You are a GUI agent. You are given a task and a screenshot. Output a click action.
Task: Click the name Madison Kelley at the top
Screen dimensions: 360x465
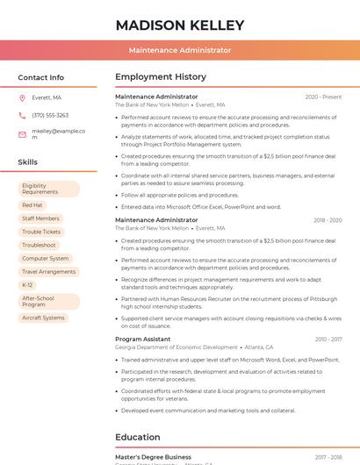179,25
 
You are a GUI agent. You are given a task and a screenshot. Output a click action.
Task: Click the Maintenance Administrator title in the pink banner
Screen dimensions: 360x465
179,51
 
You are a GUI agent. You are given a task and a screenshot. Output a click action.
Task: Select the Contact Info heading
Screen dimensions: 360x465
40,77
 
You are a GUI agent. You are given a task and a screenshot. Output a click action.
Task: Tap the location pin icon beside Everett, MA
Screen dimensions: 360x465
22,98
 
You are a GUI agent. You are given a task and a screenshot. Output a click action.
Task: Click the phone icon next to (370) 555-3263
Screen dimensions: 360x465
22,115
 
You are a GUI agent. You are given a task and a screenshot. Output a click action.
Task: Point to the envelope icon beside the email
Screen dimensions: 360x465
22,133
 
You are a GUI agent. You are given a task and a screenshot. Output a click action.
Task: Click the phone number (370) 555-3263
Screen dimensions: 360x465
50,115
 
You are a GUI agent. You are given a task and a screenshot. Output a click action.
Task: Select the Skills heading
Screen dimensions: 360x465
27,162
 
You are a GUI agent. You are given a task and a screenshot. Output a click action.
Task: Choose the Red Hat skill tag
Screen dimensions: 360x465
32,205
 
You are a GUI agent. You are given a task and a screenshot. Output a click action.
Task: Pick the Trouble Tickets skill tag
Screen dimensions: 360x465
41,232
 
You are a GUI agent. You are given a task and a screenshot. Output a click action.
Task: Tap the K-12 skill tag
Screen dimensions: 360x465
27,285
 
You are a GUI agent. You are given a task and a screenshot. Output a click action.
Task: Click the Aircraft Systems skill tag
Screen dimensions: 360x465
43,318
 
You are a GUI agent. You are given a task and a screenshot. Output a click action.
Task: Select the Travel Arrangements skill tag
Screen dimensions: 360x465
48,272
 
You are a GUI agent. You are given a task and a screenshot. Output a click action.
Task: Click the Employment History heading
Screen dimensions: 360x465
160,77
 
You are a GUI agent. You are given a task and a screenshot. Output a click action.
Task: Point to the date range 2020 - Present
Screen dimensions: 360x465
323,97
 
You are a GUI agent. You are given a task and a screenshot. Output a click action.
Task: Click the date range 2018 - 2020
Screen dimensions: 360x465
327,220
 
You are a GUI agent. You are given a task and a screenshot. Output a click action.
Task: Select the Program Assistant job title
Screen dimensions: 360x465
142,339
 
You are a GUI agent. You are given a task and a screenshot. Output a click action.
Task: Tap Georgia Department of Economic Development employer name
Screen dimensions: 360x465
176,347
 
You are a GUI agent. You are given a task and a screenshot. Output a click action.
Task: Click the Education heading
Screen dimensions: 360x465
137,437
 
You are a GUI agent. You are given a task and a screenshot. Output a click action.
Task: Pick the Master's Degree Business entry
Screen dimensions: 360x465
153,457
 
